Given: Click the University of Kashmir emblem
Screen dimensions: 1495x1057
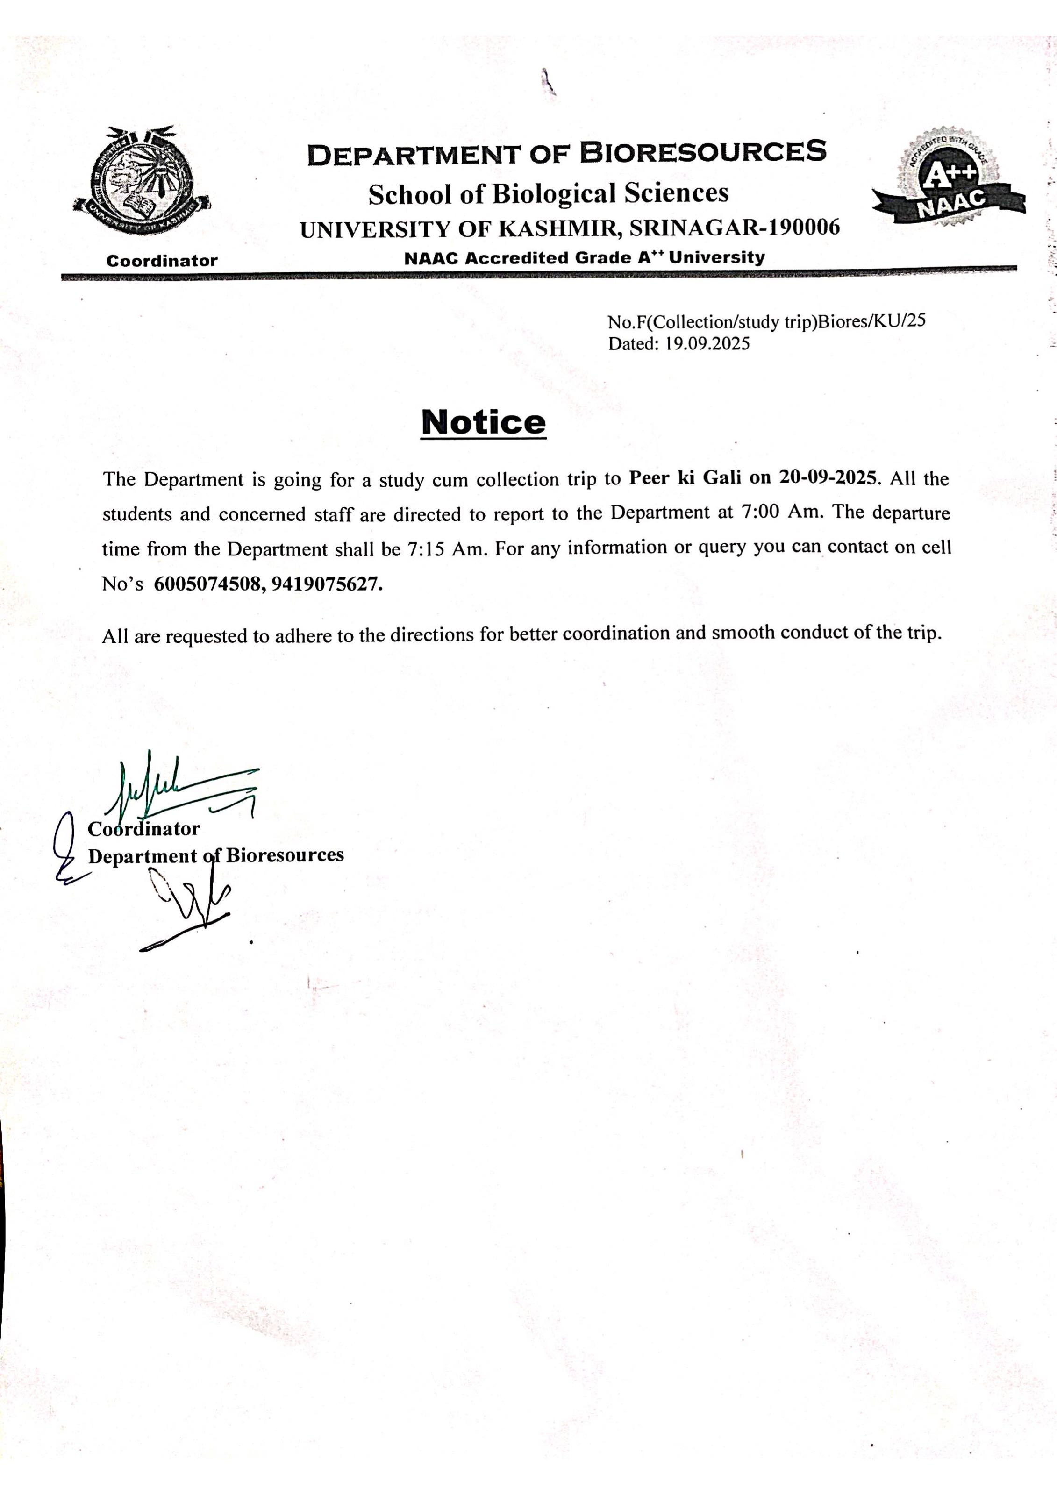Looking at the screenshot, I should point(142,181).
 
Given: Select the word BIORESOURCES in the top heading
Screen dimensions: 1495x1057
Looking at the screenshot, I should point(703,152).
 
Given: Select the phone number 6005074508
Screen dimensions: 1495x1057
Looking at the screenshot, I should point(208,584).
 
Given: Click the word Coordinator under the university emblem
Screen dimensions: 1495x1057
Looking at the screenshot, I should point(162,261).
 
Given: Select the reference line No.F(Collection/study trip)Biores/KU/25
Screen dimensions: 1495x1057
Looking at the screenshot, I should point(766,322).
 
